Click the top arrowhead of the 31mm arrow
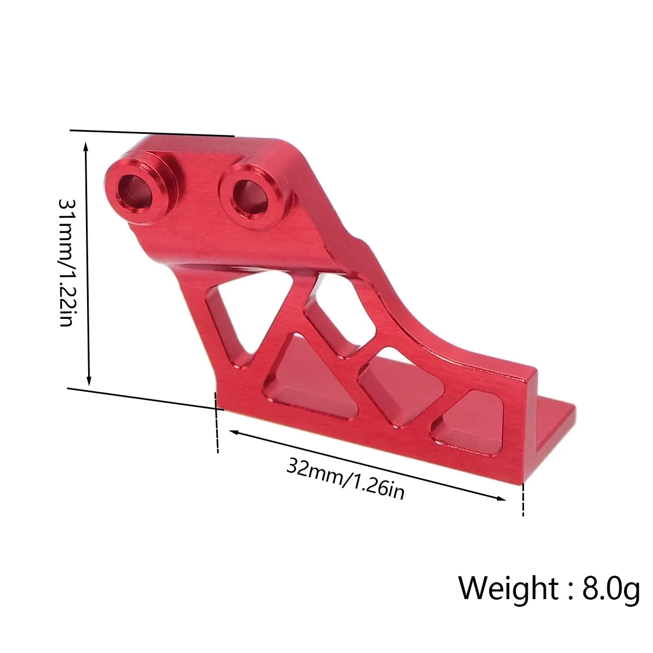click(x=86, y=146)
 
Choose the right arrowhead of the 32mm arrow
click(x=502, y=497)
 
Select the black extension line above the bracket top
click(x=152, y=133)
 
